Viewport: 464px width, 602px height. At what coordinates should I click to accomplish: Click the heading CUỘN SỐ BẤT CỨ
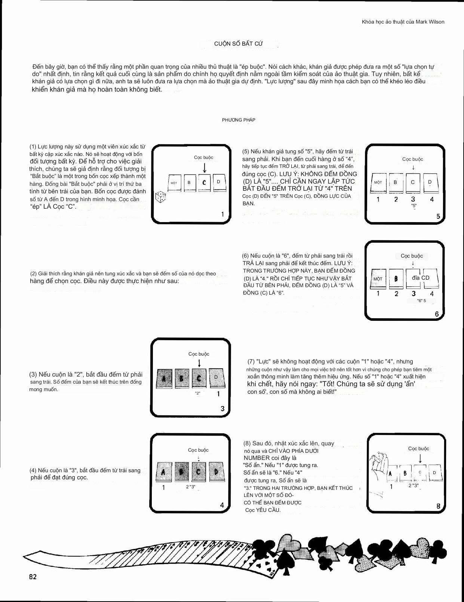[239, 43]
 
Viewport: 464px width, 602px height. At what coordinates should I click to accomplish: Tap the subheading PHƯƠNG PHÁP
[239, 120]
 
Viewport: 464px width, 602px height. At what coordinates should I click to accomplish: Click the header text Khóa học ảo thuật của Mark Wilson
[403, 22]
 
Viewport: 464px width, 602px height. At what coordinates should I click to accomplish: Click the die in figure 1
[161, 197]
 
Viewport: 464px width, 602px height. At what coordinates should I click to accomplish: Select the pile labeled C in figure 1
[204, 183]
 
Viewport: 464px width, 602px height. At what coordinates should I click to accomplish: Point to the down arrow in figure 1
[205, 167]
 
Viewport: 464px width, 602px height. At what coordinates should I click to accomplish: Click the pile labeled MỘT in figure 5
[378, 182]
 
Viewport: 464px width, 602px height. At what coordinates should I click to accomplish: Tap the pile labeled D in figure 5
[430, 182]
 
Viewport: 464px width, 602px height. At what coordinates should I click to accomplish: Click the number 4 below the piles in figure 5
[432, 199]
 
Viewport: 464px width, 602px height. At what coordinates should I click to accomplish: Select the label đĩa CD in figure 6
[421, 278]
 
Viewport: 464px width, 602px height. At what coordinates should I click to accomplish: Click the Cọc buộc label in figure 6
[412, 256]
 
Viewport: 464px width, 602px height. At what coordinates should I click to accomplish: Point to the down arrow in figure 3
[199, 363]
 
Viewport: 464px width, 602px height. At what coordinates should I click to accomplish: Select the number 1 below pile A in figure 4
[163, 488]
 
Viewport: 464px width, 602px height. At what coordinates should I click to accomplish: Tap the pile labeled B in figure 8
[405, 473]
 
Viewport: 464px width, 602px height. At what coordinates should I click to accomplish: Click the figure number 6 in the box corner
[437, 314]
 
